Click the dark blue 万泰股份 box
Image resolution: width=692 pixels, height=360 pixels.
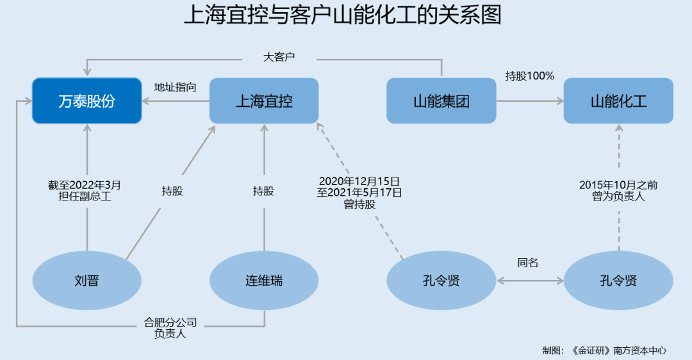click(x=86, y=101)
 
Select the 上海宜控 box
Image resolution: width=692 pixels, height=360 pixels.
click(x=264, y=101)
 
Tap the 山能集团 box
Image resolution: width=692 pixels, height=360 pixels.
click(x=441, y=101)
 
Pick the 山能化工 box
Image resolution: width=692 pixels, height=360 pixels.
click(x=618, y=101)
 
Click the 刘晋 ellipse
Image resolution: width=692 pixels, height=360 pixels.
click(x=86, y=281)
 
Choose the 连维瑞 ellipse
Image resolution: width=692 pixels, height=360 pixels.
click(x=264, y=281)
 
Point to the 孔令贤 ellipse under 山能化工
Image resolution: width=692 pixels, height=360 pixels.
click(x=618, y=281)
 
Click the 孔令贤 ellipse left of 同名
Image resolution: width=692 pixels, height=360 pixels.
click(x=441, y=281)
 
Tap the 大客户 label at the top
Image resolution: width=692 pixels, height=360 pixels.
click(x=279, y=57)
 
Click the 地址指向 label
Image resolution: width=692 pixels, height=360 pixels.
click(x=175, y=87)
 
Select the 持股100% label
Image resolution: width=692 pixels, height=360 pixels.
click(x=529, y=76)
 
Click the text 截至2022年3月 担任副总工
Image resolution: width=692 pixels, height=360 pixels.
click(x=85, y=191)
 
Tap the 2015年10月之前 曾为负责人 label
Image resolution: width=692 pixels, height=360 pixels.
click(x=618, y=191)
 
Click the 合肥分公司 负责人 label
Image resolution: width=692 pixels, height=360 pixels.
click(x=170, y=327)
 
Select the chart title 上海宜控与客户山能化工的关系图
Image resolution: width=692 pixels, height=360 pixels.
click(x=343, y=15)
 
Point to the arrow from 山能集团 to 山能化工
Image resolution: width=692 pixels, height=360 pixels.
click(x=529, y=101)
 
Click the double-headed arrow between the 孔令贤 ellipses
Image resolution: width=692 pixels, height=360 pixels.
click(x=529, y=281)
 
